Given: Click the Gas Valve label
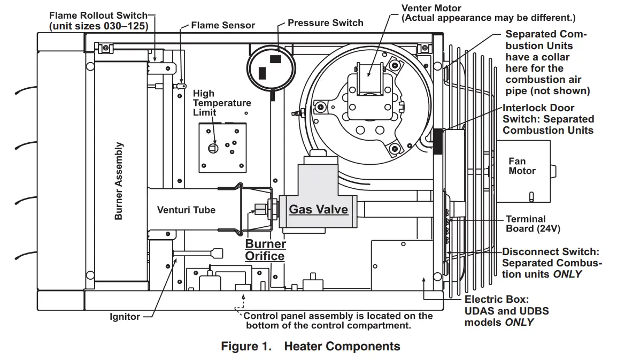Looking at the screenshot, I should pos(318,209).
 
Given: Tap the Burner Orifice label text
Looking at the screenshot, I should pos(265,250).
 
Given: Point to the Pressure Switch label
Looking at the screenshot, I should pos(325,23).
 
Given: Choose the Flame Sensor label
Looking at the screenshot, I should pos(223,25).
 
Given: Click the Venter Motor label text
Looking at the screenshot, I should pos(431,9).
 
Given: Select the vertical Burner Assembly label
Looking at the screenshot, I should pos(119,181).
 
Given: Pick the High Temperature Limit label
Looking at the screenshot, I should pos(221,103).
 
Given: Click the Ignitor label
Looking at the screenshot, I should pos(125,317).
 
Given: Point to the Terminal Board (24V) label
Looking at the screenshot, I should pos(526,224).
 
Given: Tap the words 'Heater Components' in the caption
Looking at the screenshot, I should pos(342,346).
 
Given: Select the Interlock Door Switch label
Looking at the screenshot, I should pos(548,119).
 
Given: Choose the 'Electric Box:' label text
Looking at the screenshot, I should pos(496,300).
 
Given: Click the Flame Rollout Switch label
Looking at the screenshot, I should pos(98,20).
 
